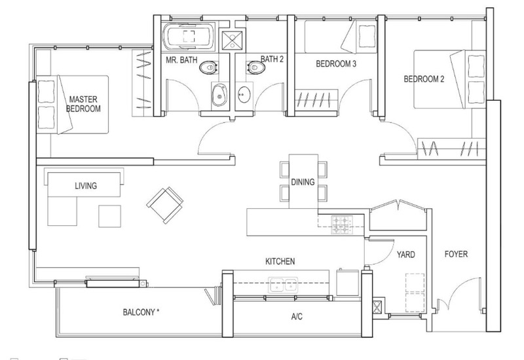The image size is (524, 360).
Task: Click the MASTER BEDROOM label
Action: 83,104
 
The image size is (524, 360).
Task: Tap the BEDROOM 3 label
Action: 336,63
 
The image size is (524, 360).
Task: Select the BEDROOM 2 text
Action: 424,79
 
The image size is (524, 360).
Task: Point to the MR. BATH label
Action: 181,60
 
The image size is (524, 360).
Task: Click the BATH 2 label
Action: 272,59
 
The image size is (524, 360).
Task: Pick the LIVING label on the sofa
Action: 86,186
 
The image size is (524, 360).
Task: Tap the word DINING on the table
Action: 303,182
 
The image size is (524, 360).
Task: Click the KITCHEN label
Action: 280,261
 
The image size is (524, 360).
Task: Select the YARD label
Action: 405,255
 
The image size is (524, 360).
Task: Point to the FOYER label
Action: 456,254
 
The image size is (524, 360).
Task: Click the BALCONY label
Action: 141,312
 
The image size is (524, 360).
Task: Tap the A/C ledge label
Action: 297,316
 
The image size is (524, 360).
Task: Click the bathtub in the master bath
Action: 189,37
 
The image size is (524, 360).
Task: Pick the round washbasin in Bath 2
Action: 244,94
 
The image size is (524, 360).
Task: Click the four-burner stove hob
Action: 342,225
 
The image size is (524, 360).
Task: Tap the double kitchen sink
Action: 283,285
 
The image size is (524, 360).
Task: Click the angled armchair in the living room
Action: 165,205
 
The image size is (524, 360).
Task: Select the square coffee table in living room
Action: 109,216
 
